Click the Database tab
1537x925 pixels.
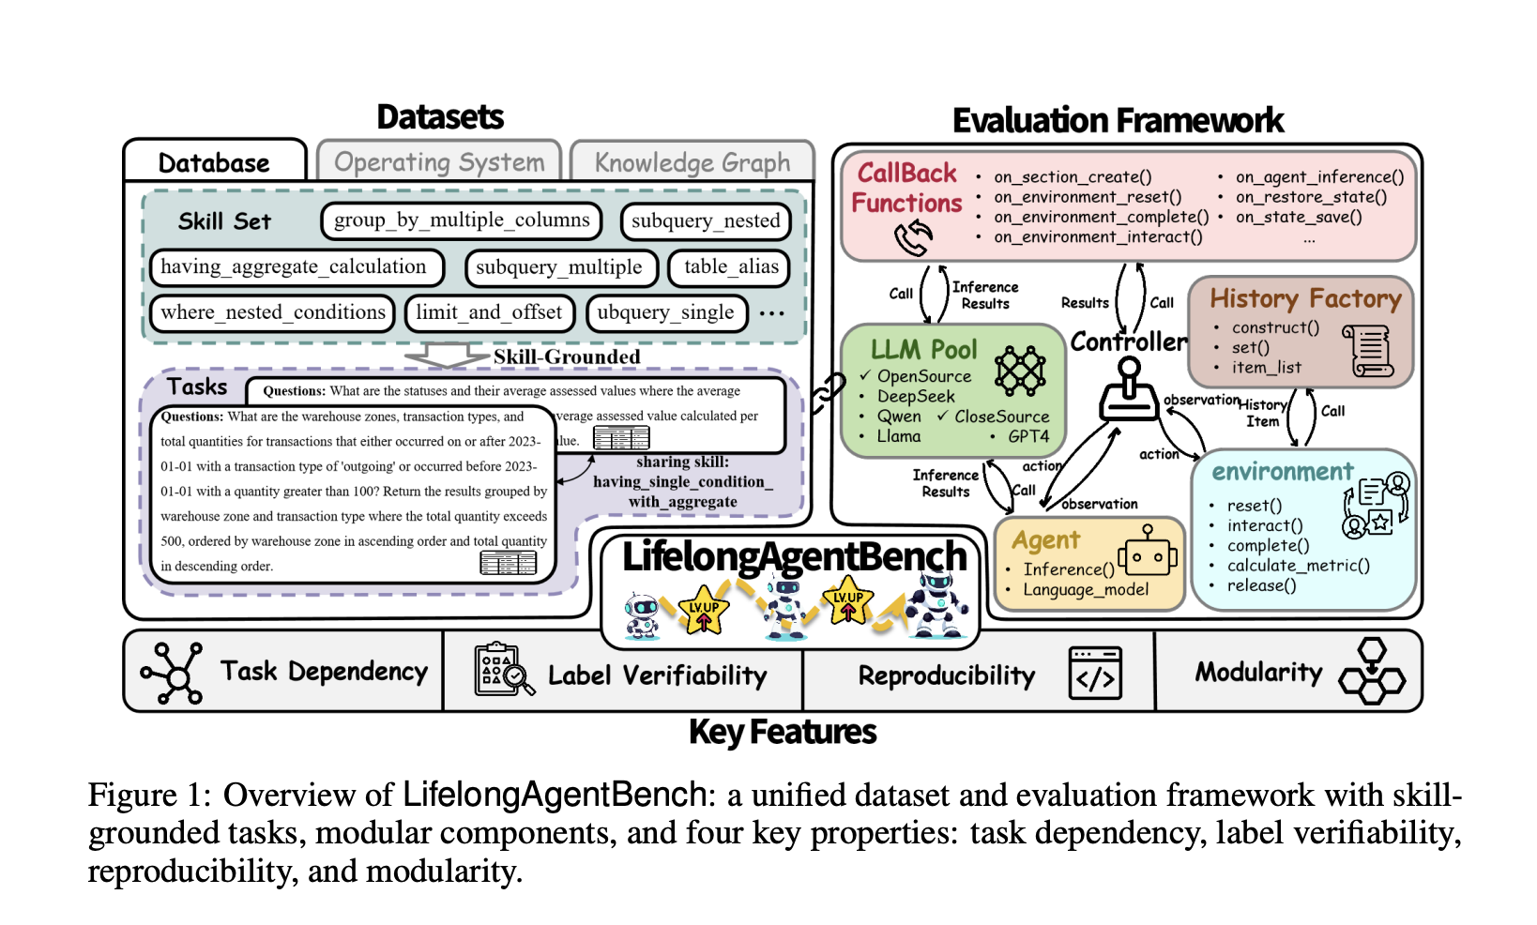point(214,163)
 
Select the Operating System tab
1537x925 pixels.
point(439,162)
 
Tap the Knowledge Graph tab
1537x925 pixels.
point(692,163)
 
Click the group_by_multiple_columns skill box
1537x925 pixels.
point(462,220)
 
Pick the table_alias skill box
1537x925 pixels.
point(731,267)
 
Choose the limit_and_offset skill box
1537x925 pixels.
point(489,312)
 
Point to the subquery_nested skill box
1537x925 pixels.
point(706,221)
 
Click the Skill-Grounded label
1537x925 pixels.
point(567,357)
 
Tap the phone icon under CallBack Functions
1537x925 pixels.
point(913,238)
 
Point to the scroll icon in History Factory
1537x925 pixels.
point(1370,352)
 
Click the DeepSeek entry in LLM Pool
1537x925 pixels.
point(915,397)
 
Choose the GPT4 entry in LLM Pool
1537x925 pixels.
point(1027,436)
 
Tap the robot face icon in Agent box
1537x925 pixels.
point(1147,554)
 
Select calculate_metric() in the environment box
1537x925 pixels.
point(1298,566)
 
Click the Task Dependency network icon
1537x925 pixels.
point(173,673)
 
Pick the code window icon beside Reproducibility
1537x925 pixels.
point(1095,674)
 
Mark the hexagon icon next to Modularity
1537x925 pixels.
point(1372,672)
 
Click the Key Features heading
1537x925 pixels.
point(783,732)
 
